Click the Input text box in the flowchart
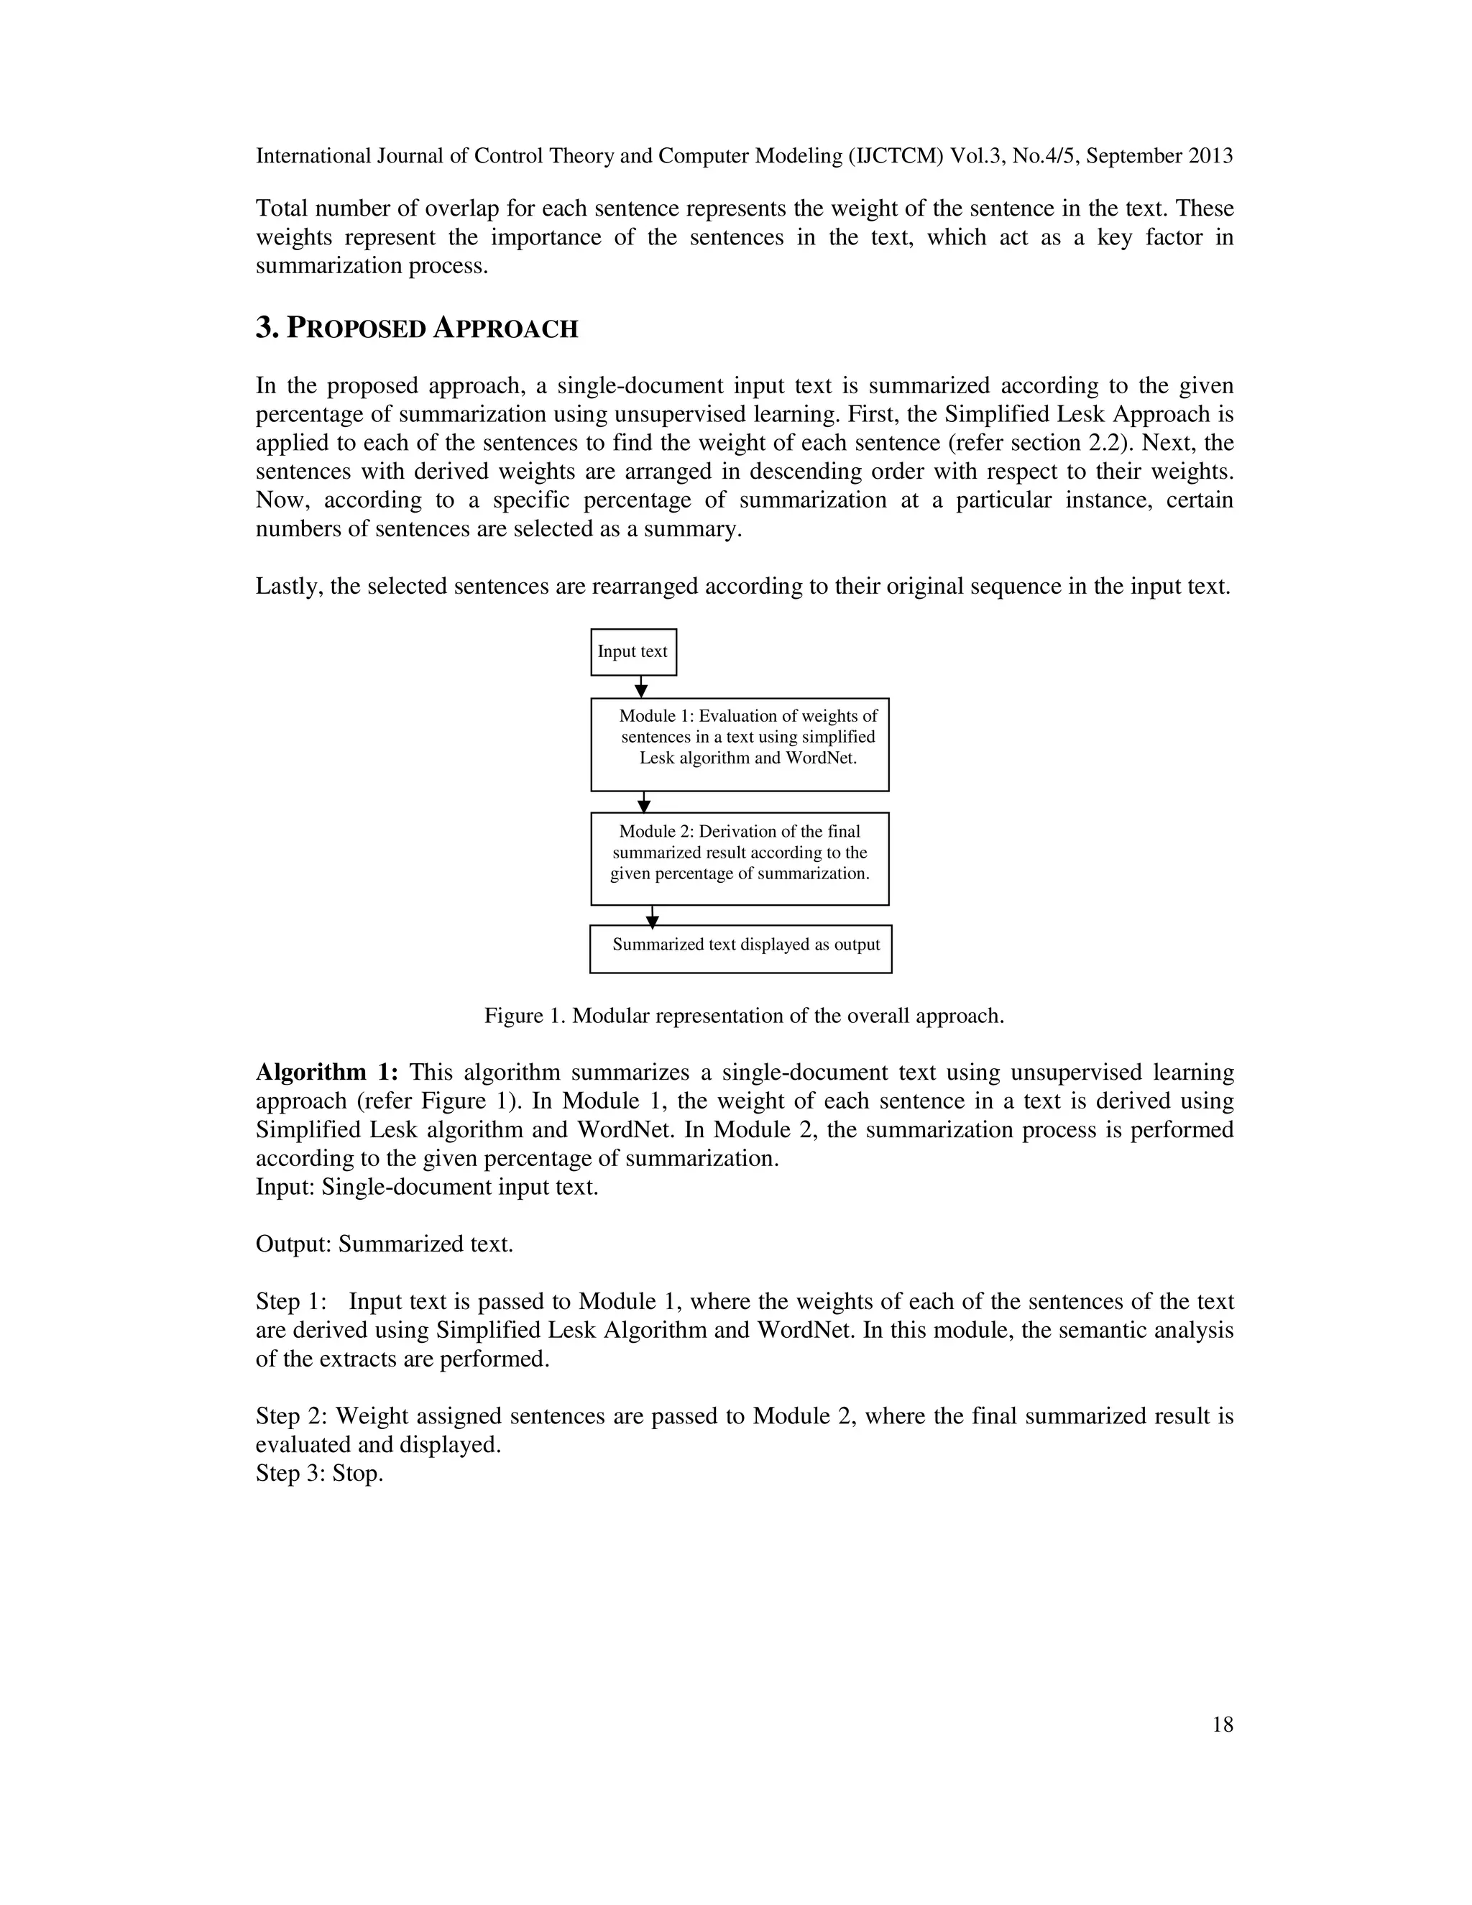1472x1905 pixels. (633, 651)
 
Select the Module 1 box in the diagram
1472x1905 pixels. (740, 744)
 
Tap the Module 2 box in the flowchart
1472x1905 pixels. (740, 858)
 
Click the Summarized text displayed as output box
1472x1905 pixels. (740, 948)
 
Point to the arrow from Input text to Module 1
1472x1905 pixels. (641, 687)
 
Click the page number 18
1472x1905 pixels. (1223, 1725)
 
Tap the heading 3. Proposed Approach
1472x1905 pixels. (417, 329)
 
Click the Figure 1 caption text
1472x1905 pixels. (744, 1016)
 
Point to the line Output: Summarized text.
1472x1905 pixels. (384, 1244)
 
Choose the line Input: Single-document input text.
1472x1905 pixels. (426, 1187)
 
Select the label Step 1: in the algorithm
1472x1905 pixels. (290, 1301)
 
